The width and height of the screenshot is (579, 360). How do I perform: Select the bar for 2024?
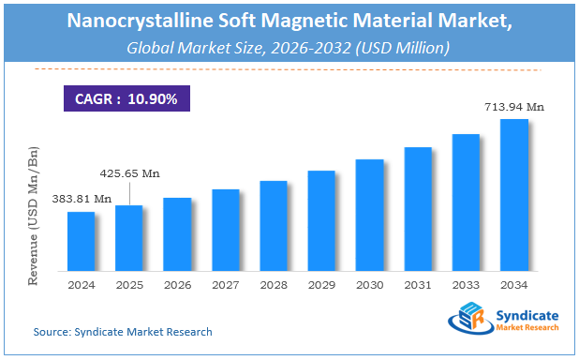81,239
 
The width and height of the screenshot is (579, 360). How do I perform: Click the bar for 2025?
128,235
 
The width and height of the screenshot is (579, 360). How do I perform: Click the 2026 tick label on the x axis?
177,283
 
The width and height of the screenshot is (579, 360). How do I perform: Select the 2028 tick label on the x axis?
274,283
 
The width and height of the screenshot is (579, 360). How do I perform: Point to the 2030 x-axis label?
370,283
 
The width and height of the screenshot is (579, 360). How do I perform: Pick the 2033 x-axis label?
466,283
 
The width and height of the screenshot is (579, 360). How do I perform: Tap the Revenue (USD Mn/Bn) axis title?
36,215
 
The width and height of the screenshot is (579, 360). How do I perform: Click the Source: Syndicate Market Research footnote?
123,332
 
